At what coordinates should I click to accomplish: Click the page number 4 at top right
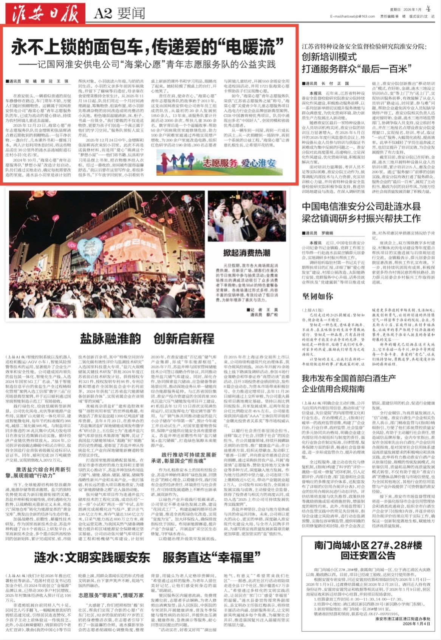pos(428,8)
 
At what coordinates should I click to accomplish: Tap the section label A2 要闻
pos(119,14)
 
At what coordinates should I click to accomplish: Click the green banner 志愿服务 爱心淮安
pos(217,163)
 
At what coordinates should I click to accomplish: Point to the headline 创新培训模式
pos(329,57)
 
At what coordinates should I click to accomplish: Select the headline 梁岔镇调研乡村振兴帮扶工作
pos(361,218)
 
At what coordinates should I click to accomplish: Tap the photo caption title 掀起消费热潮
pos(246,252)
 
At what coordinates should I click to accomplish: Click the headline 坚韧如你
pos(317,296)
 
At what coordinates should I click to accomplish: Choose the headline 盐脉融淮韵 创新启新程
pos(147,338)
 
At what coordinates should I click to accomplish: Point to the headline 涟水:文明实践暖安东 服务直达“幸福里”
pos(147,557)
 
